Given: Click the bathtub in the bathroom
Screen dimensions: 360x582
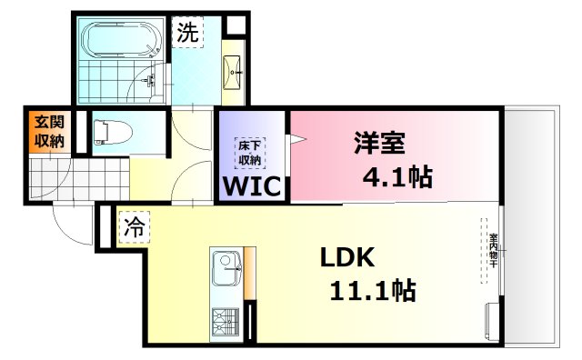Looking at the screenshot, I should point(121,40).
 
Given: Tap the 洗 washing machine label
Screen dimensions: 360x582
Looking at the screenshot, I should point(187,34).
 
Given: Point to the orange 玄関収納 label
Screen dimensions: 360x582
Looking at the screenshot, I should point(49,132).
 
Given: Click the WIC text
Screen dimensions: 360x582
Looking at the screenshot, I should point(252,186).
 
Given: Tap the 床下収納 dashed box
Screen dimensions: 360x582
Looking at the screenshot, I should point(250,153).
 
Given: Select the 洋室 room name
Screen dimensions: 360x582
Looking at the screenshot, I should point(379,144).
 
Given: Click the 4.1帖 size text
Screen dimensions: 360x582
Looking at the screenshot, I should point(396,177).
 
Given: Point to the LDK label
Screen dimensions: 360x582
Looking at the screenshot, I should point(346,258).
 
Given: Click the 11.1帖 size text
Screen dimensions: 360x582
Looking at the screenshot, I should point(373,291).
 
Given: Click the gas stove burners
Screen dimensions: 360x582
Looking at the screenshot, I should point(224,321).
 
